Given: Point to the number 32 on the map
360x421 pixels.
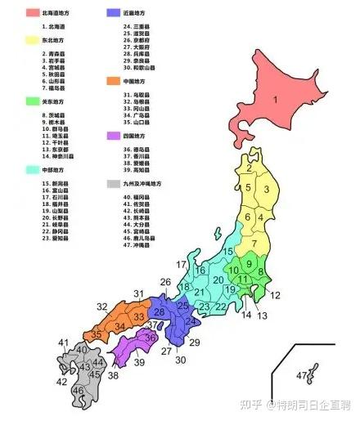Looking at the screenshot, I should tap(102, 307).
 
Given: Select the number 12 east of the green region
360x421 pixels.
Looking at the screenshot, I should tap(275, 295).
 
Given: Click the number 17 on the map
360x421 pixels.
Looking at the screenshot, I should tap(181, 263).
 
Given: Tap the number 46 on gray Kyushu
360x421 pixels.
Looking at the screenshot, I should tap(79, 391).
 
